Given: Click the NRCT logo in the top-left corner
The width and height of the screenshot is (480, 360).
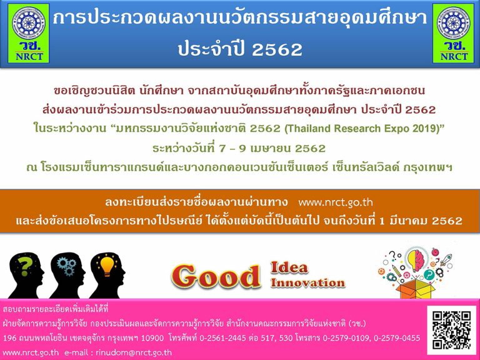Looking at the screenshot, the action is tap(29, 33).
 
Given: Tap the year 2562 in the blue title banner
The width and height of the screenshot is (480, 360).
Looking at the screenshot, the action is tap(277, 49).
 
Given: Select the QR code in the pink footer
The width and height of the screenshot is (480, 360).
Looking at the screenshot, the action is tap(452, 329).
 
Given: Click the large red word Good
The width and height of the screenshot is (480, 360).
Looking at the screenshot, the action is tap(216, 276).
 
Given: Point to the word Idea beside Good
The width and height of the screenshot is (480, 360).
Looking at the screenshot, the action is tap(289, 267).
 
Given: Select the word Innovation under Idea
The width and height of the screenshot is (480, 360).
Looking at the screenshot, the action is tap(307, 282).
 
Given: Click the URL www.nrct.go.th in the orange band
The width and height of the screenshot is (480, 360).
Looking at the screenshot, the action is tap(336, 202).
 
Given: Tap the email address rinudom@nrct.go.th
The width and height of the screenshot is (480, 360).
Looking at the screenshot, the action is tap(134, 352).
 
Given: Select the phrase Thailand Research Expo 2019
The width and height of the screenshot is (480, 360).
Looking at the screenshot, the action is tap(362, 128).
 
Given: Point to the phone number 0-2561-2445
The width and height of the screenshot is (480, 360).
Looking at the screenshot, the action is tap(223, 338).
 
